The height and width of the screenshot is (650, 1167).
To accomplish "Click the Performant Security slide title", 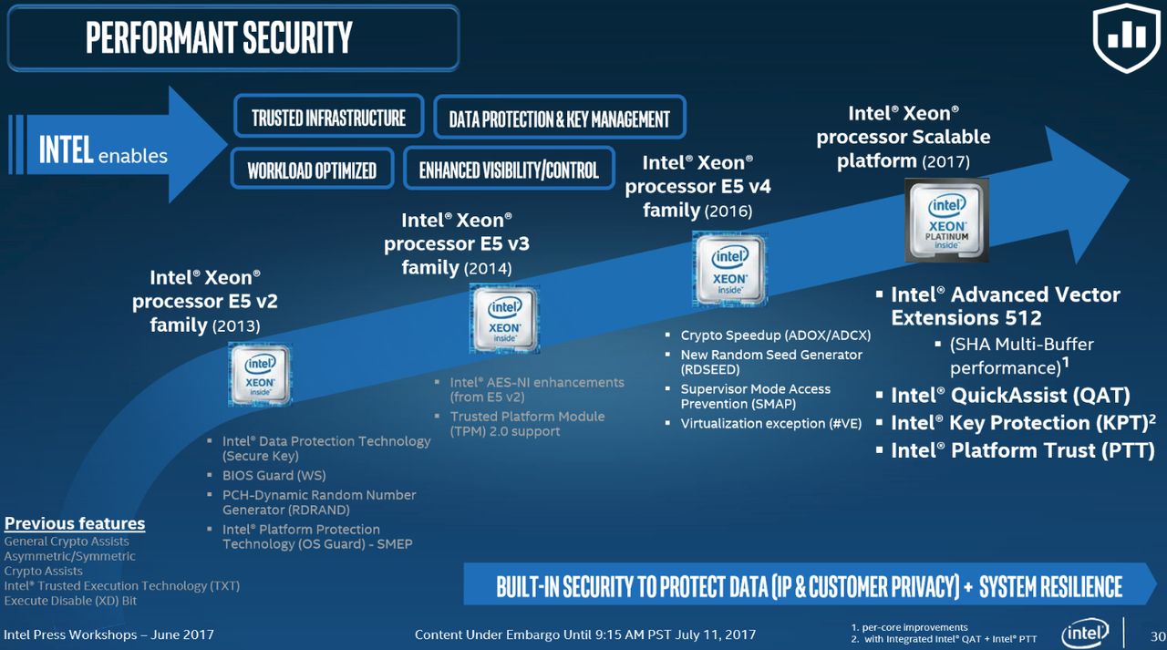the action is tap(220, 37).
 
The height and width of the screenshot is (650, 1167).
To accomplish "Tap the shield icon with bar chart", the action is tap(1127, 37).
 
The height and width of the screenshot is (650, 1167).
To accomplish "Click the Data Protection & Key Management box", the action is tap(560, 118).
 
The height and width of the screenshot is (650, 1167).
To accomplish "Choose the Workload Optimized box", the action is tap(312, 170).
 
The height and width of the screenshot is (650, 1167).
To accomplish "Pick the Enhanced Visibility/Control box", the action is tap(509, 170).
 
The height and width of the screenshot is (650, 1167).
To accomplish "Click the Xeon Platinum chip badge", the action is tap(946, 220).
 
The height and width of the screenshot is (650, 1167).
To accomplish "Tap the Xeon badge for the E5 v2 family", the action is tap(260, 375).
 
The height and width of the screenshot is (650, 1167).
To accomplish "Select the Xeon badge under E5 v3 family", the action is tap(504, 319).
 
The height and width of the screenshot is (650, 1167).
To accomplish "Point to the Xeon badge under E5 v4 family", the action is tap(729, 269).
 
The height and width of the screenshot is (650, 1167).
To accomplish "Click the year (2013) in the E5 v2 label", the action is tap(236, 326).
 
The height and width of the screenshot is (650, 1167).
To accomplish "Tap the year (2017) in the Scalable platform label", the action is tap(946, 162).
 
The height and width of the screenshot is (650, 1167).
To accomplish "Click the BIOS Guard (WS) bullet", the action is tap(274, 476).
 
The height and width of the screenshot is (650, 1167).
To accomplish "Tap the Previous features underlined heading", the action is tap(75, 523).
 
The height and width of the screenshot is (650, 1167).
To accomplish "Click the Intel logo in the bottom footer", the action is tap(1085, 634).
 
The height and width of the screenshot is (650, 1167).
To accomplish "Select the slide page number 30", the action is tap(1158, 636).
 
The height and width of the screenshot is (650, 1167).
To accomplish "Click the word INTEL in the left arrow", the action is tap(67, 150).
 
